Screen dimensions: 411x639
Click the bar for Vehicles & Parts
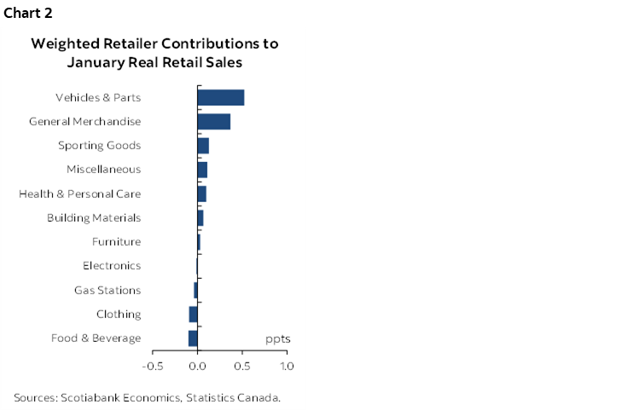coord(220,97)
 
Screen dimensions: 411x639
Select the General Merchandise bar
coord(213,121)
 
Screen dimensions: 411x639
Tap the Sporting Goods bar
coord(203,146)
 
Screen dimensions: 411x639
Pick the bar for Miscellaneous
coord(202,170)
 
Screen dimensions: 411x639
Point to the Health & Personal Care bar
coord(201,194)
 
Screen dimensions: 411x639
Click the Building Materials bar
coord(200,218)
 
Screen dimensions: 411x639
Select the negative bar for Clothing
coord(193,315)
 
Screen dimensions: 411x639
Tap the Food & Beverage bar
coord(193,339)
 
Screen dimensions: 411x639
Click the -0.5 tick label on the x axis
coord(153,367)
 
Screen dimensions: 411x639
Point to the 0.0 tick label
coord(197,367)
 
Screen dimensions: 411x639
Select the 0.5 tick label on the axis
coord(242,367)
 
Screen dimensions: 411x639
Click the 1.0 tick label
coord(287,367)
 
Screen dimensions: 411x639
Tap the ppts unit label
coord(277,339)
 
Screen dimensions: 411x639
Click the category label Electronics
coord(112,266)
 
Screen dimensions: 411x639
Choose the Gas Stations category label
coord(107,290)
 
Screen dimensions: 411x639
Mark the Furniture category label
coord(116,242)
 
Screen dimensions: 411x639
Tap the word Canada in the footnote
coord(259,397)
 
